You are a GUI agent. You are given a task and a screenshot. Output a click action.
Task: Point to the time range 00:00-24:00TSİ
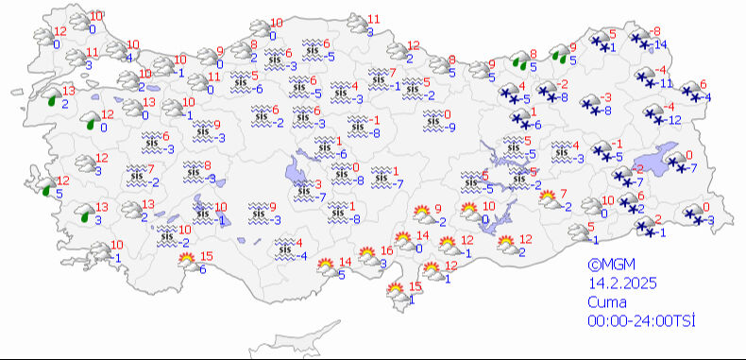(642, 321)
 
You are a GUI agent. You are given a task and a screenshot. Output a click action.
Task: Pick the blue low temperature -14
(661, 45)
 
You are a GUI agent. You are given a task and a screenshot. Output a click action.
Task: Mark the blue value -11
(666, 83)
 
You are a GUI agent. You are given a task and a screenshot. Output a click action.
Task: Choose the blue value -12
(671, 119)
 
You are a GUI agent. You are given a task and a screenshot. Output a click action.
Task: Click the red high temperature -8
(655, 32)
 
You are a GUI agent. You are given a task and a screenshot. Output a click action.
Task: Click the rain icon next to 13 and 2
(52, 96)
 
